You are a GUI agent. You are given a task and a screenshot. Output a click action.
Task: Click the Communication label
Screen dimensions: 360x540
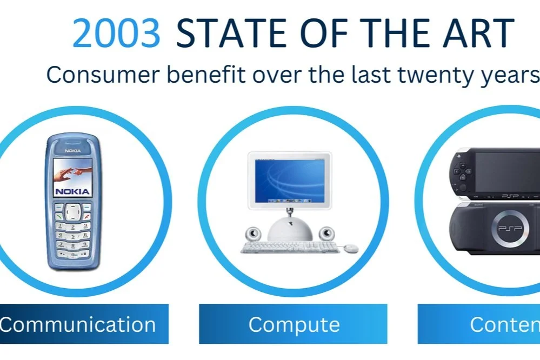[78, 325]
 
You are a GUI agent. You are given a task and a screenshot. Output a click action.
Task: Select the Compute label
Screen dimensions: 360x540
[294, 325]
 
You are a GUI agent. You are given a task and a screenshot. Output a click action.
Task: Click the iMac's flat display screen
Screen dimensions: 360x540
[289, 178]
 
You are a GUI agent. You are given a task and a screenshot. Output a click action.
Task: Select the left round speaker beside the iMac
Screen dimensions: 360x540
[252, 234]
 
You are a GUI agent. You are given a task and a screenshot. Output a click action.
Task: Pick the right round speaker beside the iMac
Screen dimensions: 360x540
[326, 234]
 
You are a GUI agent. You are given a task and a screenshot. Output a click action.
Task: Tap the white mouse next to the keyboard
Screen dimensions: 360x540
[352, 248]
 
